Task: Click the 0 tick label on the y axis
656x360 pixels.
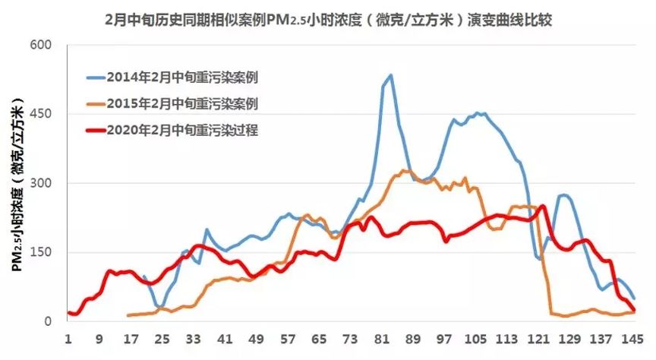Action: coord(48,321)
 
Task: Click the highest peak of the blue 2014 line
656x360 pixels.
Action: coord(390,74)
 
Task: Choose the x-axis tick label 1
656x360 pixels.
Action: coord(68,339)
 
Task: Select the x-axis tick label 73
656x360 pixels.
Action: coord(350,339)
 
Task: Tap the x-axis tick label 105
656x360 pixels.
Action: coord(476,339)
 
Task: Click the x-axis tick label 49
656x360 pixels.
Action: coord(256,339)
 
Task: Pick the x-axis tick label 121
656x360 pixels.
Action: coord(539,339)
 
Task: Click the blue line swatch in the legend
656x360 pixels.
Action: coord(94,77)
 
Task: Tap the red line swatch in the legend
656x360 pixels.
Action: coord(94,130)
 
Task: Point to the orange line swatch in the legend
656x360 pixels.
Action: coord(94,103)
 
